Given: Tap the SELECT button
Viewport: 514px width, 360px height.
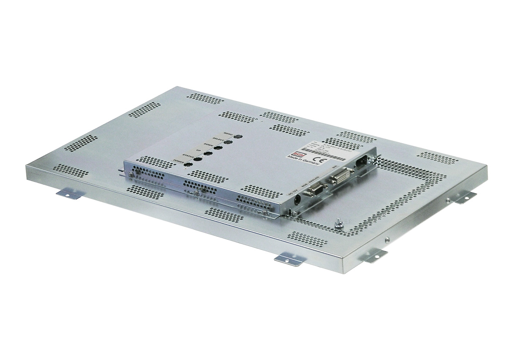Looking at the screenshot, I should tap(228, 142).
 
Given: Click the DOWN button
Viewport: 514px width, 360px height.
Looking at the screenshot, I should tap(218, 148).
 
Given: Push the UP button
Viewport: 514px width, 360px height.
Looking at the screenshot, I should tap(208, 154).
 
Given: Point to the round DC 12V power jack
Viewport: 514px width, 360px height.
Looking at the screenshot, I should tap(298, 199).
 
